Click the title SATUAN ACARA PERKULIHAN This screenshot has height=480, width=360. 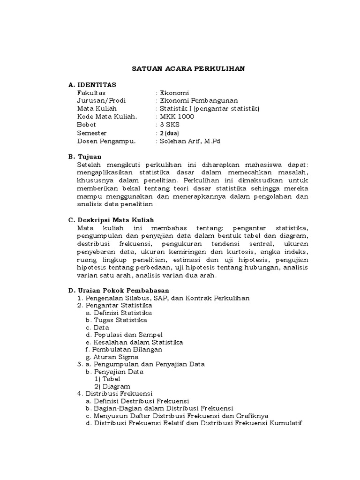(187, 69)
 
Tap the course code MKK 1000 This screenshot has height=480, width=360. (176, 117)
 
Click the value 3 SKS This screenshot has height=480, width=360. (169, 125)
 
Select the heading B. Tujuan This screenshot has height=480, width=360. (84, 157)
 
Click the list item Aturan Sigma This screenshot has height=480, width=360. (112, 357)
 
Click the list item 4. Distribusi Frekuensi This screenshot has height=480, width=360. (115, 394)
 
